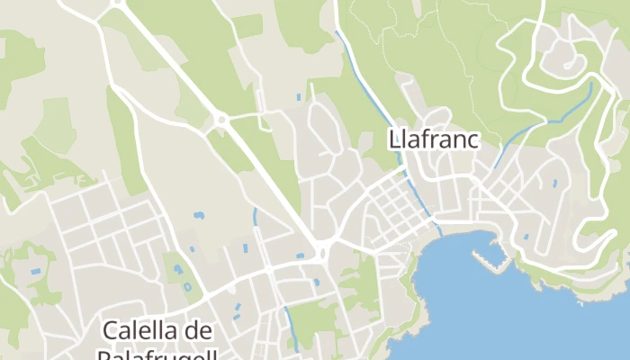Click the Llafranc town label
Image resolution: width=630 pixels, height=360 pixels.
pos(433,140)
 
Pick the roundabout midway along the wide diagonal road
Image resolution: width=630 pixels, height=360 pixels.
pos(220,119)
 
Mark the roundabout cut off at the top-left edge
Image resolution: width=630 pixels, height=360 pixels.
pos(116,3)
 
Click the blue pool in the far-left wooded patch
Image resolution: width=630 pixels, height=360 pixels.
pos(36,271)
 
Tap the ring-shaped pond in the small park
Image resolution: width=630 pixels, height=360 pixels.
pos(187,287)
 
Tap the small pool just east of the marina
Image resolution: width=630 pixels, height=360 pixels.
pos(526,237)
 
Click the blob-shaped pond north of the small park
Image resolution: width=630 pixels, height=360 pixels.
pos(198,216)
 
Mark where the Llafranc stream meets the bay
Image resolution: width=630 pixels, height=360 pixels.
pos(440,231)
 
